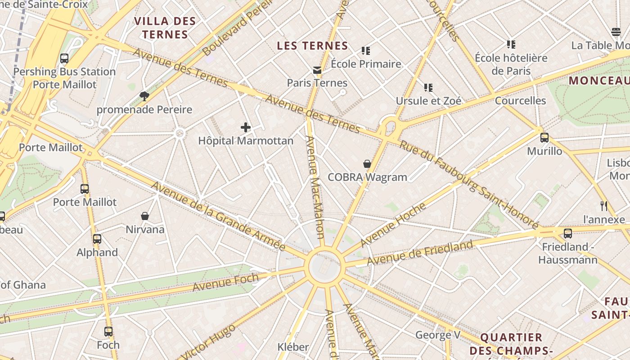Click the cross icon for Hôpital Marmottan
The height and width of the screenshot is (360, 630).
pyautogui.click(x=246, y=127)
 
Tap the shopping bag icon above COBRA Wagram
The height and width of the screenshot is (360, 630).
pyautogui.click(x=367, y=164)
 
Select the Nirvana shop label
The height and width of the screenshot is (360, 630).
pyautogui.click(x=145, y=229)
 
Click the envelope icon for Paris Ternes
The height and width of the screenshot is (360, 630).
pyautogui.click(x=317, y=70)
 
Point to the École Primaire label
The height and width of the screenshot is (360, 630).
pyautogui.click(x=366, y=64)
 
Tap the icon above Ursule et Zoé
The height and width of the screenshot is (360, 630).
pyautogui.click(x=428, y=87)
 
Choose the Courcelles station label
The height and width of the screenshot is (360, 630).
pyautogui.click(x=520, y=100)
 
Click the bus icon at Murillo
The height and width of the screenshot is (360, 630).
pyautogui.click(x=544, y=138)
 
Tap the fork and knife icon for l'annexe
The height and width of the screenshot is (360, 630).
pyautogui.click(x=604, y=206)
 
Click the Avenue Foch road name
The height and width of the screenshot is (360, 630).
pyautogui.click(x=225, y=282)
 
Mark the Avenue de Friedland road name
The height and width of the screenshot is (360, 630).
pyautogui.click(x=420, y=253)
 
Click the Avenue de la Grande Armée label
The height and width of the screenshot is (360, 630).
pyautogui.click(x=218, y=216)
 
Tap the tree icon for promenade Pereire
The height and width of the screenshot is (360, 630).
pyautogui.click(x=144, y=96)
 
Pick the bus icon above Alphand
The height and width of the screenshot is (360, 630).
pyautogui.click(x=97, y=239)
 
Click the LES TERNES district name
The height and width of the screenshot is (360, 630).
pyautogui.click(x=312, y=46)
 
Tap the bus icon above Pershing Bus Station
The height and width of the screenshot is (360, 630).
pyautogui.click(x=64, y=58)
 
